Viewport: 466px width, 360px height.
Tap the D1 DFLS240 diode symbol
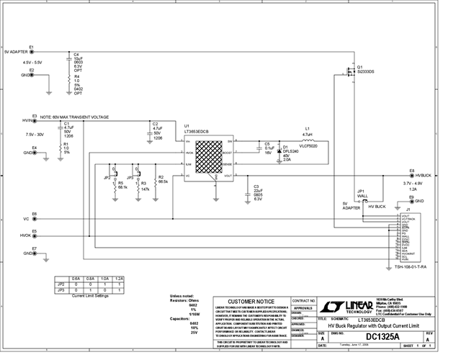pyautogui.click(x=279, y=152)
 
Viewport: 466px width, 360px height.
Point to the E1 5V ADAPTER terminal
pyautogui.click(x=32, y=52)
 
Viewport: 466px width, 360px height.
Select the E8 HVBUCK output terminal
pyautogui.click(x=411, y=175)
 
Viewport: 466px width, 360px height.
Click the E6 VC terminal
pyautogui.click(x=34, y=218)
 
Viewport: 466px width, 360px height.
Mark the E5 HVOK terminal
pyautogui.click(x=34, y=235)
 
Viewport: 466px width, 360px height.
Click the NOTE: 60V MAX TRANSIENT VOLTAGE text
pyautogui.click(x=75, y=117)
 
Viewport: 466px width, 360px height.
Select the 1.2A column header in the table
pyautogui.click(x=119, y=278)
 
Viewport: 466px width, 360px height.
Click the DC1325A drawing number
pyautogui.click(x=384, y=336)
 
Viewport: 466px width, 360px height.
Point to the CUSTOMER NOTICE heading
pyautogui.click(x=251, y=300)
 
